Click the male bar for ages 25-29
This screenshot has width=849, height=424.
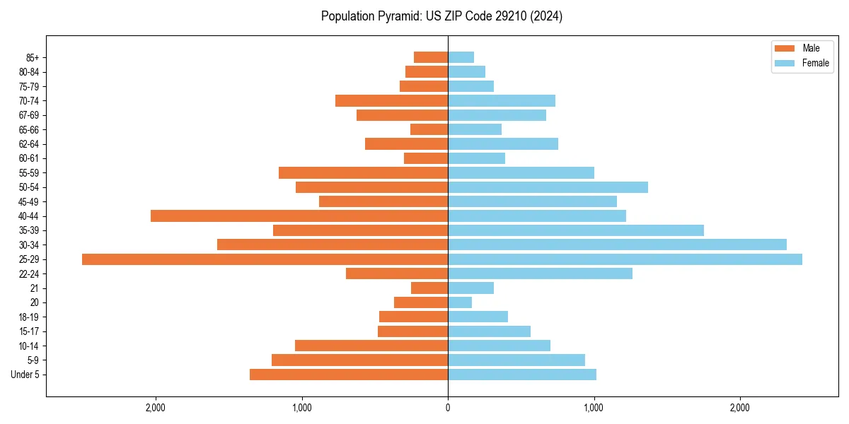coord(265,259)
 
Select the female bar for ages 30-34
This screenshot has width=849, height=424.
coord(617,245)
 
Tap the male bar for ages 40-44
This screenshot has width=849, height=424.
coord(299,216)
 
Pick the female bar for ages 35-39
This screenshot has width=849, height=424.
coord(576,230)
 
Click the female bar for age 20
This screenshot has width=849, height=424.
coord(460,302)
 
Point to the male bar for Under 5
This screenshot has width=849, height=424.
coord(349,375)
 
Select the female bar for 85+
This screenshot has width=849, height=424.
coord(461,57)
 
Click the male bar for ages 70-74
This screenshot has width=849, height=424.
coord(391,100)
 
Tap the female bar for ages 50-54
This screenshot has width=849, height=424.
coord(548,187)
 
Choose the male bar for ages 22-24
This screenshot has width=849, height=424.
coord(397,273)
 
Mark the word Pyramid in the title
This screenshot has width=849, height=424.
coord(397,16)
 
